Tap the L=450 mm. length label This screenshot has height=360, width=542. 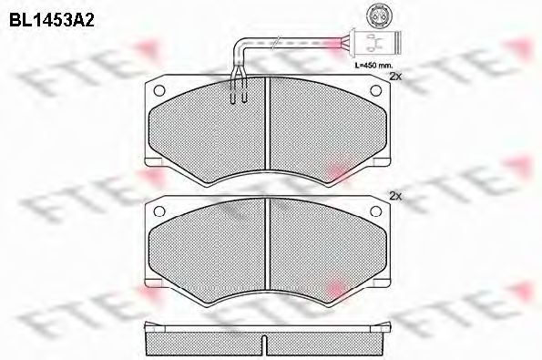point(374,67)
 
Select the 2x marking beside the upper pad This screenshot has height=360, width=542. point(394,77)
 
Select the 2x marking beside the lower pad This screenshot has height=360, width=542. point(394,196)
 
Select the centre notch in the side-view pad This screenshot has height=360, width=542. point(265,345)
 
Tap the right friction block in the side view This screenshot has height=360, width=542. point(328,344)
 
